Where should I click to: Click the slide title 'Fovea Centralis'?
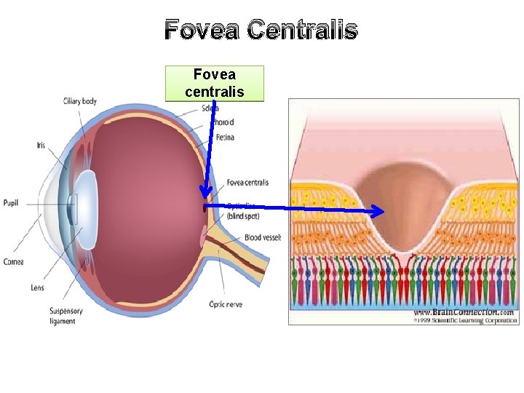[261, 31]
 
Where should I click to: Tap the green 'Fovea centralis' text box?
[215, 83]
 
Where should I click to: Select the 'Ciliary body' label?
[79, 101]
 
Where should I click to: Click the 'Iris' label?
[41, 146]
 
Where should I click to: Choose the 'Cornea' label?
[14, 261]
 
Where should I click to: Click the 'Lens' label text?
[37, 287]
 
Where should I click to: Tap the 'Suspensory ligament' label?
[66, 316]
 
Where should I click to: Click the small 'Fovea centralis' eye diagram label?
[247, 183]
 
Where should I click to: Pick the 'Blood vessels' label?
[263, 237]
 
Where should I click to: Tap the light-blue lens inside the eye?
[85, 199]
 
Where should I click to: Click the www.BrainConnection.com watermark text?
[464, 311]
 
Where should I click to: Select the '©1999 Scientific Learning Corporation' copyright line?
[464, 319]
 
